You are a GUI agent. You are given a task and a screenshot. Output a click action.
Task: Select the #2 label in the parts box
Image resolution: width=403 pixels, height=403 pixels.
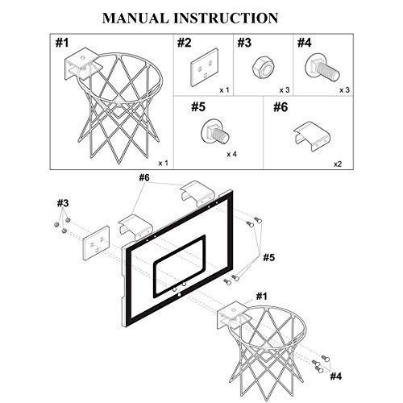pos(185,43)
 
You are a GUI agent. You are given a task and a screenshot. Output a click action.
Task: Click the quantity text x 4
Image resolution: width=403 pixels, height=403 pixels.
pos(231,153)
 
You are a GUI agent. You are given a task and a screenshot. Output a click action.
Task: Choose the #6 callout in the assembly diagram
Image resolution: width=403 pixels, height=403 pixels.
pos(144,177)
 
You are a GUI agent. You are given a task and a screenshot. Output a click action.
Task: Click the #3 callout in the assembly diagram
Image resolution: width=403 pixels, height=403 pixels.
pos(63,201)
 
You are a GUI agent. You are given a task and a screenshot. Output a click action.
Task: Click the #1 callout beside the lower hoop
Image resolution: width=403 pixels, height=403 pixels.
pos(262,296)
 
